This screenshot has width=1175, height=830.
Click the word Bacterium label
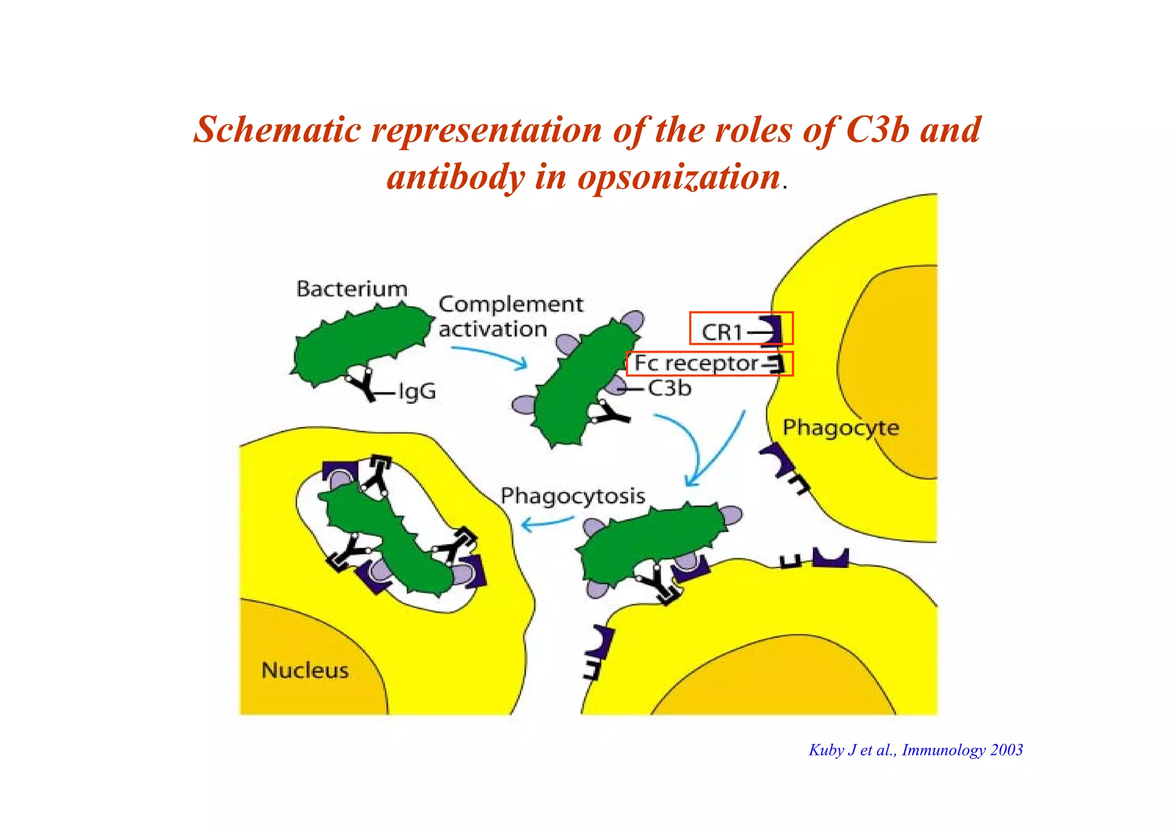352,289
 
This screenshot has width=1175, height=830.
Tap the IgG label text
417,392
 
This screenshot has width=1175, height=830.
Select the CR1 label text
722,332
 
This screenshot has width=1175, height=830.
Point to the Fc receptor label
696,364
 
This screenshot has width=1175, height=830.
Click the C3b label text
670,389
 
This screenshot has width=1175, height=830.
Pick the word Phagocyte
841,428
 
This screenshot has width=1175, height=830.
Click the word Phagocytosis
573,496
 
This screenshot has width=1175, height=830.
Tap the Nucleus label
305,670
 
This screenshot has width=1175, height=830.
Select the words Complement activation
510,317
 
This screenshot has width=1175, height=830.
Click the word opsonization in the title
679,177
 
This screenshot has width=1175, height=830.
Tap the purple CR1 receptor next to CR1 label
772,331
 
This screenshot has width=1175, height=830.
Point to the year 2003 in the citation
1006,750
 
